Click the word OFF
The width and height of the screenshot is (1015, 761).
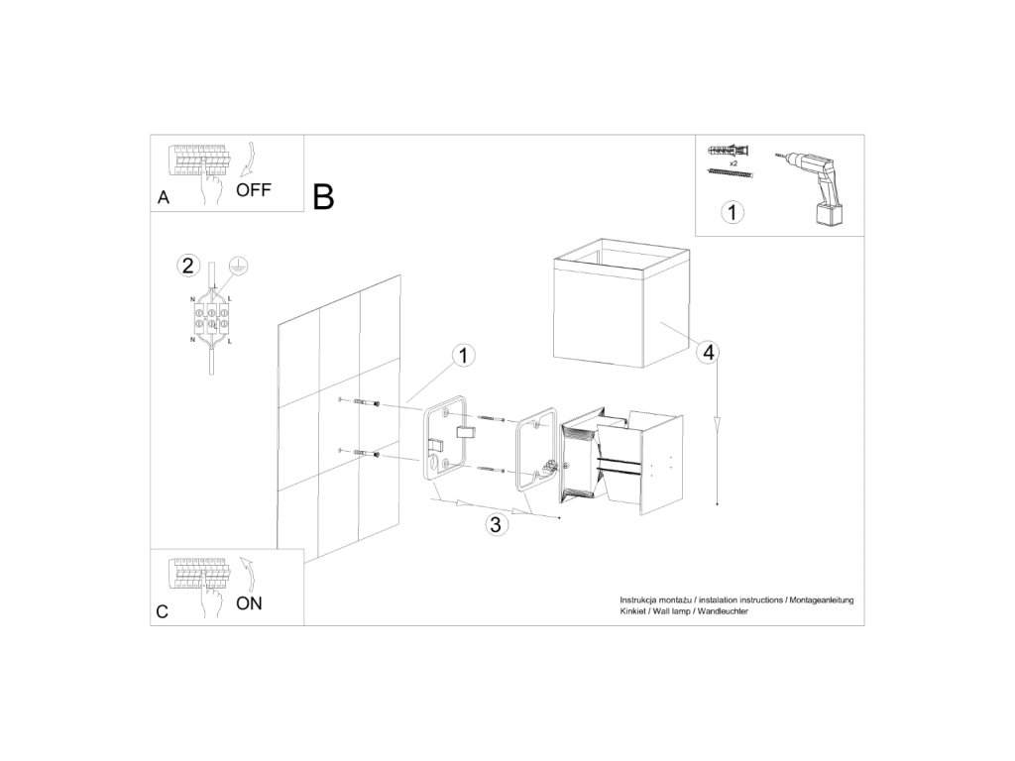253,190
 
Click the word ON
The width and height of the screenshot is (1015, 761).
249,603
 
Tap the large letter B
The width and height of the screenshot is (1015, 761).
323,197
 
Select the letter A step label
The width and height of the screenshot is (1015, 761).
164,197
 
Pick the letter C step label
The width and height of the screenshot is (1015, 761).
162,611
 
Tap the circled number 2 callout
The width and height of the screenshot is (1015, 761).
187,266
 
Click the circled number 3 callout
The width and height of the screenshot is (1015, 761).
496,524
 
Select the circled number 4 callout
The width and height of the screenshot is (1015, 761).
710,353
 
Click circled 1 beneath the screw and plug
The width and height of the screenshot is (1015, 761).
733,213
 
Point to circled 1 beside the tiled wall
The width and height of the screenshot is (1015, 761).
463,356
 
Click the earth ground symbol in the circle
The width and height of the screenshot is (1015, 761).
239,266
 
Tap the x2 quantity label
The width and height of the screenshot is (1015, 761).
733,163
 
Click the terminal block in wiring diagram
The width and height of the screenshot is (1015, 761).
211,317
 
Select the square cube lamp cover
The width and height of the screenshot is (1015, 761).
620,303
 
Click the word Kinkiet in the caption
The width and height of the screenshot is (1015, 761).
632,611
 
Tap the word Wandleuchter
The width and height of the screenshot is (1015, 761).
723,611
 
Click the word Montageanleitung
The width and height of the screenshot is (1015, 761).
822,600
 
